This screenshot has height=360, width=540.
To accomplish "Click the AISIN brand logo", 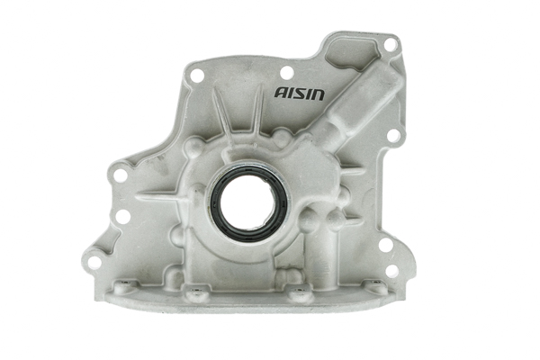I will pos(301,92).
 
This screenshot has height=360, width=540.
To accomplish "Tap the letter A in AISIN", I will pos(280,92).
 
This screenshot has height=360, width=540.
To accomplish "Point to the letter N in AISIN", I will pos(320,92).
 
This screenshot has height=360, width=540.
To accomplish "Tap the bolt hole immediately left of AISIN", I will pos(286,72).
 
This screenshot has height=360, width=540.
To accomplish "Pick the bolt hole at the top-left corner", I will pos(197,76).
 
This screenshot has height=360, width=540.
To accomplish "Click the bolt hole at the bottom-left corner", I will pos(94,262).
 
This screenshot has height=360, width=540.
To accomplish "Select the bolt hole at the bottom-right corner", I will pos(391,270).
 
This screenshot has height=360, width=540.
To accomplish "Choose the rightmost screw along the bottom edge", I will pos(371,289).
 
